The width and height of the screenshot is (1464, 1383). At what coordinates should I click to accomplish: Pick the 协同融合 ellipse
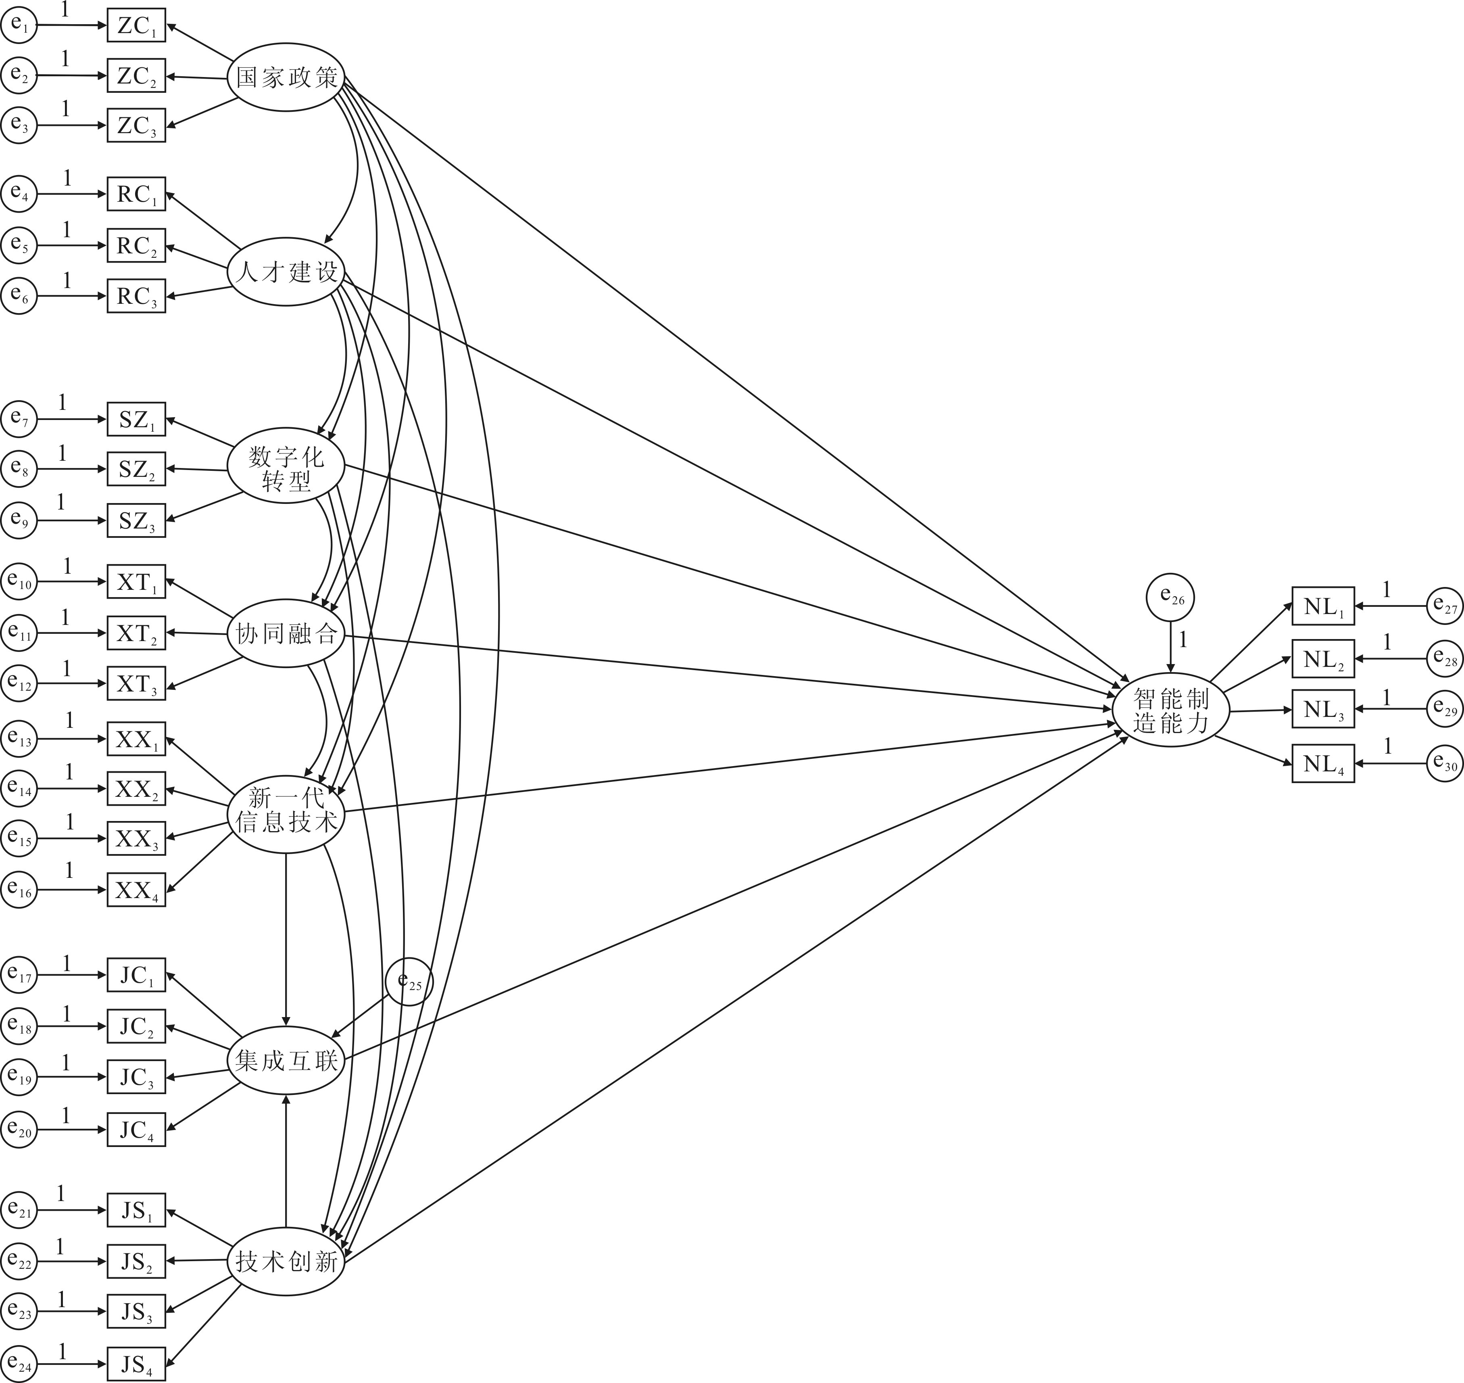pos(286,633)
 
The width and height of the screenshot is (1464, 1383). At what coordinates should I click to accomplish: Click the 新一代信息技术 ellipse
pos(286,812)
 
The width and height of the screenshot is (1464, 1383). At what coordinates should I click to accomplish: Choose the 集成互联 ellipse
pos(286,1061)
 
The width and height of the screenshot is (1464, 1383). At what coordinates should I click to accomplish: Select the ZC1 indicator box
pos(136,26)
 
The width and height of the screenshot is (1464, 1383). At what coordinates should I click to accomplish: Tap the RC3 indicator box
pos(136,296)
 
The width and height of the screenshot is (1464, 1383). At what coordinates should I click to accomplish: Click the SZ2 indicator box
pos(136,469)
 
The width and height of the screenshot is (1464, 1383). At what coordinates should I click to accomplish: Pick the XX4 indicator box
pos(136,890)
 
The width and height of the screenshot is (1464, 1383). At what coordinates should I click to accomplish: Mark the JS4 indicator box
pos(136,1364)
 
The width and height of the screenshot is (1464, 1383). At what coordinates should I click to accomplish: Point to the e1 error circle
pos(19,26)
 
